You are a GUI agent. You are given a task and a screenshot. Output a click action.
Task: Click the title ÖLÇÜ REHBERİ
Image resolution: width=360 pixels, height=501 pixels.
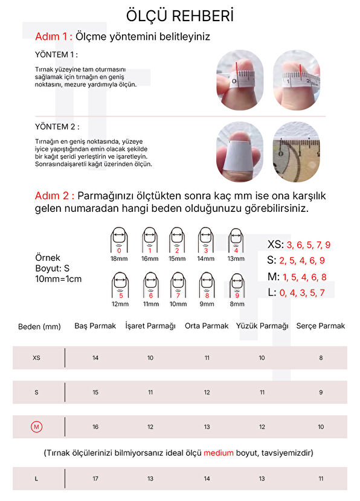[179, 15]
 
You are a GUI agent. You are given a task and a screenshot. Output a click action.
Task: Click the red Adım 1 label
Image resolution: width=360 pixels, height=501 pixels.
[54, 36]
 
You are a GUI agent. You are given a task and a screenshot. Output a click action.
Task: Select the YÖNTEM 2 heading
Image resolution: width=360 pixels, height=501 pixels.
[57, 127]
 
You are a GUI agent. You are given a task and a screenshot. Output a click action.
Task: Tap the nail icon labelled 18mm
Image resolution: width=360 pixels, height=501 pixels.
[119, 240]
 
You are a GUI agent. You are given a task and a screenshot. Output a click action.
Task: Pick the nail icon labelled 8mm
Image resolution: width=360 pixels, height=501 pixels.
[237, 286]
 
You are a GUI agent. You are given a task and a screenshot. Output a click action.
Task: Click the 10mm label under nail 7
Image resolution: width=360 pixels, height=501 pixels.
[178, 304]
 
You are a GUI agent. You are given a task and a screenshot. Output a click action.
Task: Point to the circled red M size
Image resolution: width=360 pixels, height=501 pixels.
[36, 427]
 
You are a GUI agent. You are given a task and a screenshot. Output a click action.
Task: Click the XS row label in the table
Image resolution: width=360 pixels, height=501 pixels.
[36, 358]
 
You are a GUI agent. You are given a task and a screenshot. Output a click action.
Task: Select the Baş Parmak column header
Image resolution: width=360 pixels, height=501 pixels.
[95, 326]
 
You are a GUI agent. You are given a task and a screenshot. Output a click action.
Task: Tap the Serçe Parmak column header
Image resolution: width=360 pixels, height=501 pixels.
[320, 326]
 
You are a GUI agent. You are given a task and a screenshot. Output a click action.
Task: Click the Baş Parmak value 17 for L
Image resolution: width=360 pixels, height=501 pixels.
[95, 479]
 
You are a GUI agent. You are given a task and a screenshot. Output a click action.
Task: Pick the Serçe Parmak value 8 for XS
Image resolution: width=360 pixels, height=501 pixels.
[321, 358]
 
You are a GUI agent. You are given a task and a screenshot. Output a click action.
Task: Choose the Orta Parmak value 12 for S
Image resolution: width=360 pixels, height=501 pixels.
[207, 392]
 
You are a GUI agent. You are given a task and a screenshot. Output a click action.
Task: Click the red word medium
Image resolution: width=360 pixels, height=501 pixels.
[219, 453]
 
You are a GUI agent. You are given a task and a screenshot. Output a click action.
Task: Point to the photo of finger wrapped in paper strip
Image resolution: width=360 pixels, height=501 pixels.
[240, 152]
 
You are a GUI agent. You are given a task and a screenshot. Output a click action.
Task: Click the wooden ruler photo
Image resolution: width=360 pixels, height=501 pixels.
[297, 152]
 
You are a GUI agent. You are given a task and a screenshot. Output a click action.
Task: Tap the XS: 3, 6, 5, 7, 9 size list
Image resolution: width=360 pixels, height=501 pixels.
[298, 244]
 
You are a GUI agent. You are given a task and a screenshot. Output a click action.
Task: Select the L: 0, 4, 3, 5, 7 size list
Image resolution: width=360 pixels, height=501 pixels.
[296, 292]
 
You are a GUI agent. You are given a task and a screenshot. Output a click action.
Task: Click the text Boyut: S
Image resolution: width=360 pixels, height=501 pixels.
[52, 269]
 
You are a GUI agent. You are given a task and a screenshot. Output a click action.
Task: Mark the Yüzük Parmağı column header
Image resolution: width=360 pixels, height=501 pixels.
[262, 326]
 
